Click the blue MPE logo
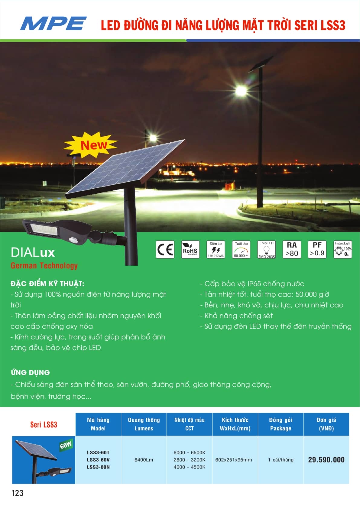click(x=54, y=23)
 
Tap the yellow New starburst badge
click(x=90, y=145)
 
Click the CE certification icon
click(x=165, y=249)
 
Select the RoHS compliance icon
click(x=190, y=249)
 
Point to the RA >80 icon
click(x=292, y=249)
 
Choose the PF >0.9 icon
click(x=317, y=249)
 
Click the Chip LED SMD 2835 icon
click(x=266, y=249)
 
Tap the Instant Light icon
click(x=342, y=249)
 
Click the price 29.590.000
click(x=326, y=460)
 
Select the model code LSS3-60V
click(x=98, y=460)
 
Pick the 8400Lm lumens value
click(x=144, y=460)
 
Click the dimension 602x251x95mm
click(x=234, y=460)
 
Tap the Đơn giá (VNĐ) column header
click(x=326, y=424)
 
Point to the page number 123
click(x=18, y=493)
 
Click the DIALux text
click(x=33, y=252)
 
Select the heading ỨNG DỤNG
click(x=30, y=372)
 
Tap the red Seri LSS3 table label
click(x=44, y=424)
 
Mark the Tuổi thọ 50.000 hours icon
click(x=241, y=249)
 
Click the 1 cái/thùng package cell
click(x=281, y=460)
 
